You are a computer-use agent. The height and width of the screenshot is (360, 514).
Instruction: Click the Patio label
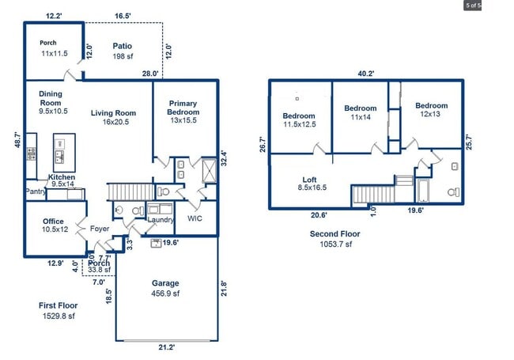tap(123, 46)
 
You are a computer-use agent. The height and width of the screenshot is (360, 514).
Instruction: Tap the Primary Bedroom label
tap(183, 108)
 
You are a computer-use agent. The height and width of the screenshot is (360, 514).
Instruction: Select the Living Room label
tap(113, 113)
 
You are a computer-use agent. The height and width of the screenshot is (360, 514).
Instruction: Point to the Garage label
tap(165, 283)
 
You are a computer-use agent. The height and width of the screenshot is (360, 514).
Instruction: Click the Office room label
tap(53, 222)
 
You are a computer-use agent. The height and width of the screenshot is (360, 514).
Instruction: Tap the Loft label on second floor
tap(309, 180)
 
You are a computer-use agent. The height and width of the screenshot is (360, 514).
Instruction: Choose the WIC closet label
tap(195, 218)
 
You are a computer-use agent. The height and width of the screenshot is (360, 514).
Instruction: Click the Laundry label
tap(161, 220)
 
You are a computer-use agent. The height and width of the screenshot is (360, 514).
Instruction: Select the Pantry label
tap(36, 191)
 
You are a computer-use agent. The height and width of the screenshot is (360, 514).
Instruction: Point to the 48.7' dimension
tap(17, 140)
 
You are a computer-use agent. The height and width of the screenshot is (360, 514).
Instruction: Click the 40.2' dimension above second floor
tap(366, 74)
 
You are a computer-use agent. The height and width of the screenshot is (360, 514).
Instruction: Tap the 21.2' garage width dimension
tap(167, 347)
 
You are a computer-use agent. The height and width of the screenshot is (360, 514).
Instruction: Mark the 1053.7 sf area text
tap(335, 244)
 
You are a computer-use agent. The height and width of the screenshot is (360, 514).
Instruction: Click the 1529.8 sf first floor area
tap(59, 316)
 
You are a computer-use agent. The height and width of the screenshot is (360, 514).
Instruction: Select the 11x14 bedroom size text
tap(361, 117)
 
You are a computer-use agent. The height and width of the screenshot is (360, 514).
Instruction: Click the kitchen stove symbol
tap(32, 153)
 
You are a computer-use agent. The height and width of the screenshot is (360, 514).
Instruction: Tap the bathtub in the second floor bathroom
tap(423, 191)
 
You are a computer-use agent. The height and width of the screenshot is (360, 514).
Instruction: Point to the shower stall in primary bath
tap(209, 170)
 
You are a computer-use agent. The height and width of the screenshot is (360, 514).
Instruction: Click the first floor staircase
tap(130, 191)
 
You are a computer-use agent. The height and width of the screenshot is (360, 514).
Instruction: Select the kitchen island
tap(64, 153)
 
